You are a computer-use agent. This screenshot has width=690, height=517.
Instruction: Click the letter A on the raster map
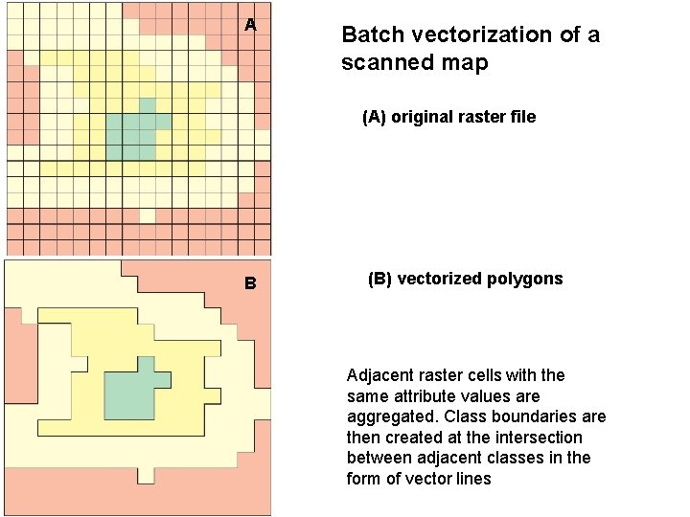(250, 26)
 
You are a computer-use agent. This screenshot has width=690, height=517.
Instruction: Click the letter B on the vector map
(250, 283)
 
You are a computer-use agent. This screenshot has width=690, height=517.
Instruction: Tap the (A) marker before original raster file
(376, 118)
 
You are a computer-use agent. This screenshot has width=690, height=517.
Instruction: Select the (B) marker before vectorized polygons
(380, 280)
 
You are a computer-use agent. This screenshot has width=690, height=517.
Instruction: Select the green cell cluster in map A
(131, 135)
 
